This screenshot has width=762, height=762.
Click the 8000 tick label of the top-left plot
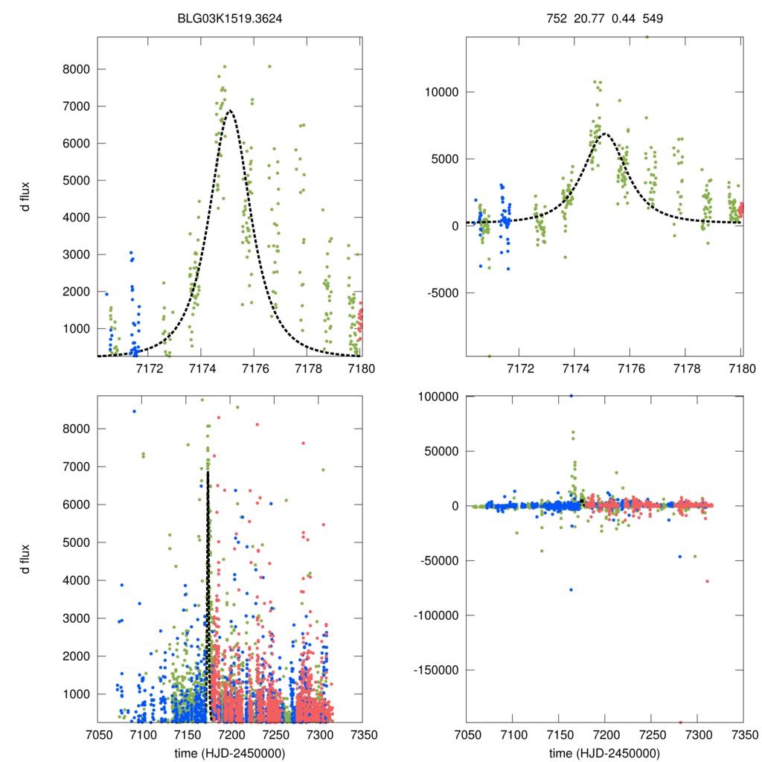[74, 69]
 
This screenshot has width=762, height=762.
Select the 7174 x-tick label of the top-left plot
[202, 368]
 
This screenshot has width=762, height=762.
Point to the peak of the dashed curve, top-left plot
[230, 111]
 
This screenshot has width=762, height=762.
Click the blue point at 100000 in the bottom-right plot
[571, 396]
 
